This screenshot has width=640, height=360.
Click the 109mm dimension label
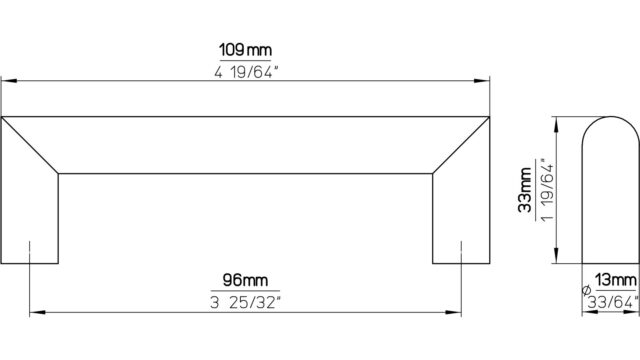tap(245, 50)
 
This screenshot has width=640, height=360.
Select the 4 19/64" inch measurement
tap(246, 72)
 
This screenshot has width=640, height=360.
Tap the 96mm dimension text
tap(245, 280)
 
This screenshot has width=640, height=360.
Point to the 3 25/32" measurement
tap(246, 302)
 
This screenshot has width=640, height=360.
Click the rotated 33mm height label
tap(525, 190)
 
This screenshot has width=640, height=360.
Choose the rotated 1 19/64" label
tap(547, 190)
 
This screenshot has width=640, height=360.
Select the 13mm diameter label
tap(616, 280)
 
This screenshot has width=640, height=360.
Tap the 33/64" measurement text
tap(613, 302)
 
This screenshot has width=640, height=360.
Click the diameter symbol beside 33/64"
tap(586, 290)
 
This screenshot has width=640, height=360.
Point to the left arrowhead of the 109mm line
tap(9, 81)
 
